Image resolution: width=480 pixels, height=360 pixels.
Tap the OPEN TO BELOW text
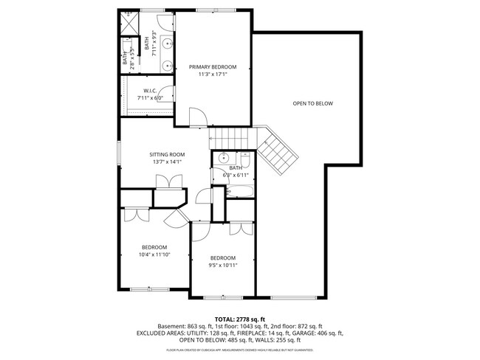coord(312,103)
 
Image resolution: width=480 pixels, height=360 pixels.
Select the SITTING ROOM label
coord(166,154)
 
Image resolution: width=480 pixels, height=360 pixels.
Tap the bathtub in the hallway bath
coord(241,191)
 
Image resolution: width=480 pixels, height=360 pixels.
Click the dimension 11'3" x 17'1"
coord(213,74)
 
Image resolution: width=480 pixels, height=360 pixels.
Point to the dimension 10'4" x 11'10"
coord(154,255)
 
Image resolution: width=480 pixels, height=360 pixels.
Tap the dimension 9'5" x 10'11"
coord(222,265)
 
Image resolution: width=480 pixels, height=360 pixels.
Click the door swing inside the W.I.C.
coord(168,96)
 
